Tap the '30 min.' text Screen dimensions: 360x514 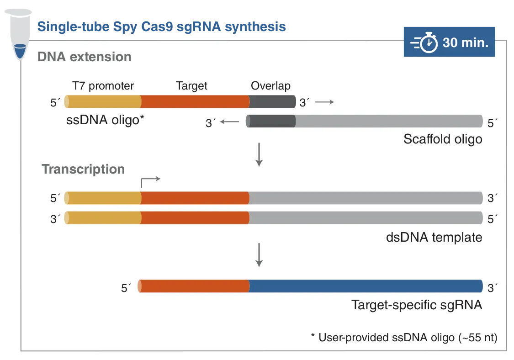click(x=466, y=43)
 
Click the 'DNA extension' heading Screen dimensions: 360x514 click(x=85, y=57)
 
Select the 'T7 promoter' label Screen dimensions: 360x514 click(x=103, y=86)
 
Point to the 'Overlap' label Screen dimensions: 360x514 click(x=270, y=86)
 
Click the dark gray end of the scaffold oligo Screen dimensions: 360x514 click(x=271, y=121)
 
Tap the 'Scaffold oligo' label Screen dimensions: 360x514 click(x=442, y=139)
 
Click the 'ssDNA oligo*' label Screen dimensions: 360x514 click(x=106, y=120)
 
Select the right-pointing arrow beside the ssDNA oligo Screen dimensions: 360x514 click(x=325, y=102)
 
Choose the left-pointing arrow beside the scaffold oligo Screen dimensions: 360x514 click(x=229, y=122)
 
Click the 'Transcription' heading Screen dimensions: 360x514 click(x=83, y=169)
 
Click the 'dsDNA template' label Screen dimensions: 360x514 click(x=434, y=237)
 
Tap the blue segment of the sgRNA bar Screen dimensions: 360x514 click(x=366, y=286)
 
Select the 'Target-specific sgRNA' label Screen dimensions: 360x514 click(x=416, y=305)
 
